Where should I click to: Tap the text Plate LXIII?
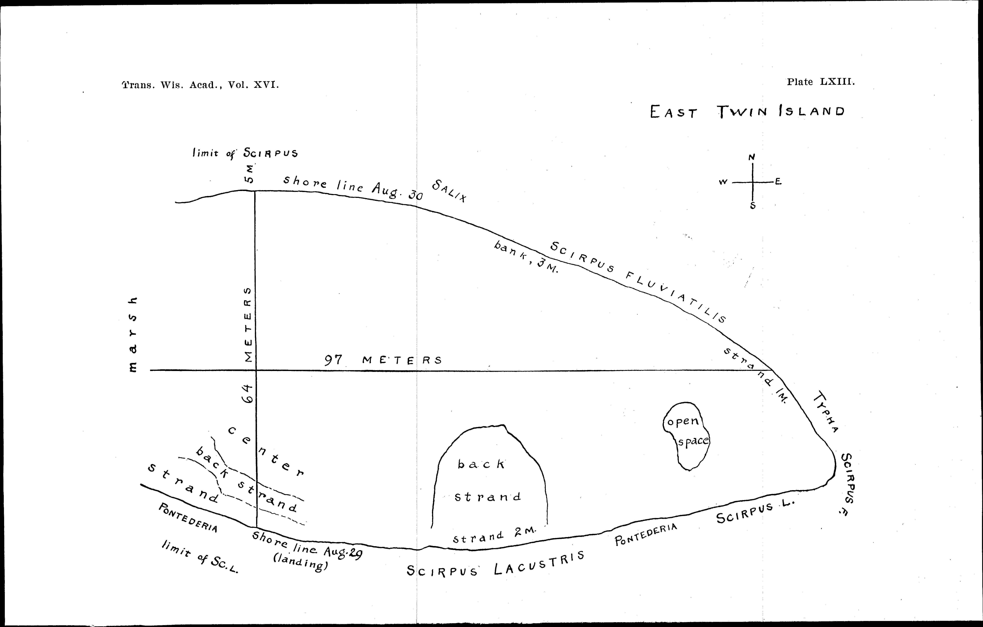point(821,82)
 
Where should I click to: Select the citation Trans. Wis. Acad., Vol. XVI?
point(200,85)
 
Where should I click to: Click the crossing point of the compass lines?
point(753,182)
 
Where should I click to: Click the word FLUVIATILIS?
point(676,298)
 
